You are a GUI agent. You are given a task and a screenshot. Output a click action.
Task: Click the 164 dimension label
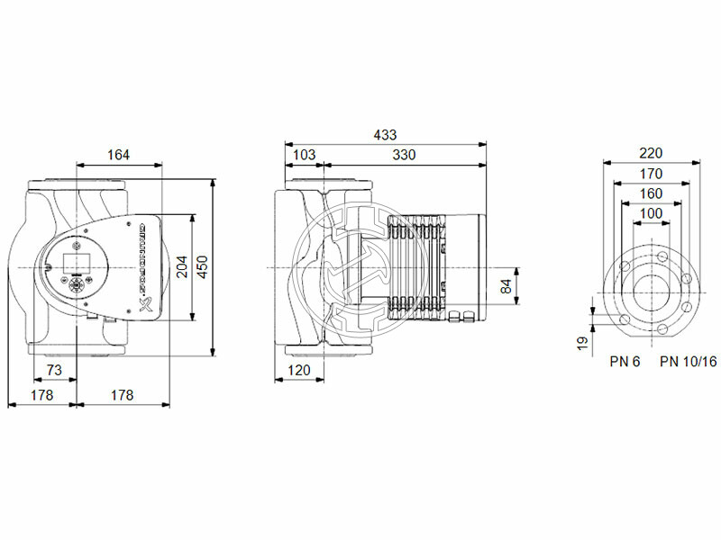pyautogui.click(x=117, y=155)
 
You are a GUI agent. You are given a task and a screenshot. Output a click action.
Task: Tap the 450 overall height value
pyautogui.click(x=203, y=266)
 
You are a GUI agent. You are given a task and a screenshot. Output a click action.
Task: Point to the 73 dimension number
pyautogui.click(x=54, y=371)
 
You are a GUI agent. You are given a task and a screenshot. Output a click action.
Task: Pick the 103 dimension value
pyautogui.click(x=305, y=155)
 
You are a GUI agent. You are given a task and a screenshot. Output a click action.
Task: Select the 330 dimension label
pyautogui.click(x=404, y=155)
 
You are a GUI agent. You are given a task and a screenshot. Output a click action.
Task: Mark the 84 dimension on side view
pyautogui.click(x=506, y=286)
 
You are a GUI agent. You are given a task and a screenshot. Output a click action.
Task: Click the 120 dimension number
pyautogui.click(x=299, y=371)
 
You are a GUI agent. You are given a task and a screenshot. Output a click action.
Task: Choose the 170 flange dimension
pyautogui.click(x=650, y=174)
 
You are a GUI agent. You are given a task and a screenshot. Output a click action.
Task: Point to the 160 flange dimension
pyautogui.click(x=650, y=193)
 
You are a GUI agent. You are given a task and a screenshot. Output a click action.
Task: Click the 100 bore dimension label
pyautogui.click(x=650, y=213)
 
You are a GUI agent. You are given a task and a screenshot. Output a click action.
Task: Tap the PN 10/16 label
pyautogui.click(x=689, y=362)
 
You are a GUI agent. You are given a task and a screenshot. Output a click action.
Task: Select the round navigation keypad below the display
pyautogui.click(x=76, y=285)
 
